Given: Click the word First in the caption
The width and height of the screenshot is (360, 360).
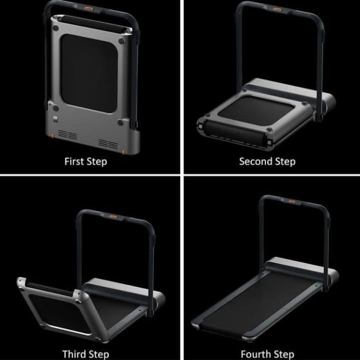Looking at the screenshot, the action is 74,161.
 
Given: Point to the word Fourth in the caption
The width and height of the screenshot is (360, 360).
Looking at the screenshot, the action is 254,354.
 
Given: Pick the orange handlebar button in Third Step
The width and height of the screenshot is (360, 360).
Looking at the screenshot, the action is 114,216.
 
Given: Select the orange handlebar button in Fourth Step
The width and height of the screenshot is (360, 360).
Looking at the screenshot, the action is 291,202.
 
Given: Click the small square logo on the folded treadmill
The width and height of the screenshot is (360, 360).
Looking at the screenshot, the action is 56,119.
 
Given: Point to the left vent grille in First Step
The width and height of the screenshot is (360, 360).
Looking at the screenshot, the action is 68,134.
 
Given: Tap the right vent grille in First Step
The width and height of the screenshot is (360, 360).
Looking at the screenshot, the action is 108,144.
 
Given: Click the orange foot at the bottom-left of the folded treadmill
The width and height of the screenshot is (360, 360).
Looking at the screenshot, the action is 53,136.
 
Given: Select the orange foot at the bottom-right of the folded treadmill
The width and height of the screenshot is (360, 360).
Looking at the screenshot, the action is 123,152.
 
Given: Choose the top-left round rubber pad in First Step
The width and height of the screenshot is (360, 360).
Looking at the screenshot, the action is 56,28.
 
